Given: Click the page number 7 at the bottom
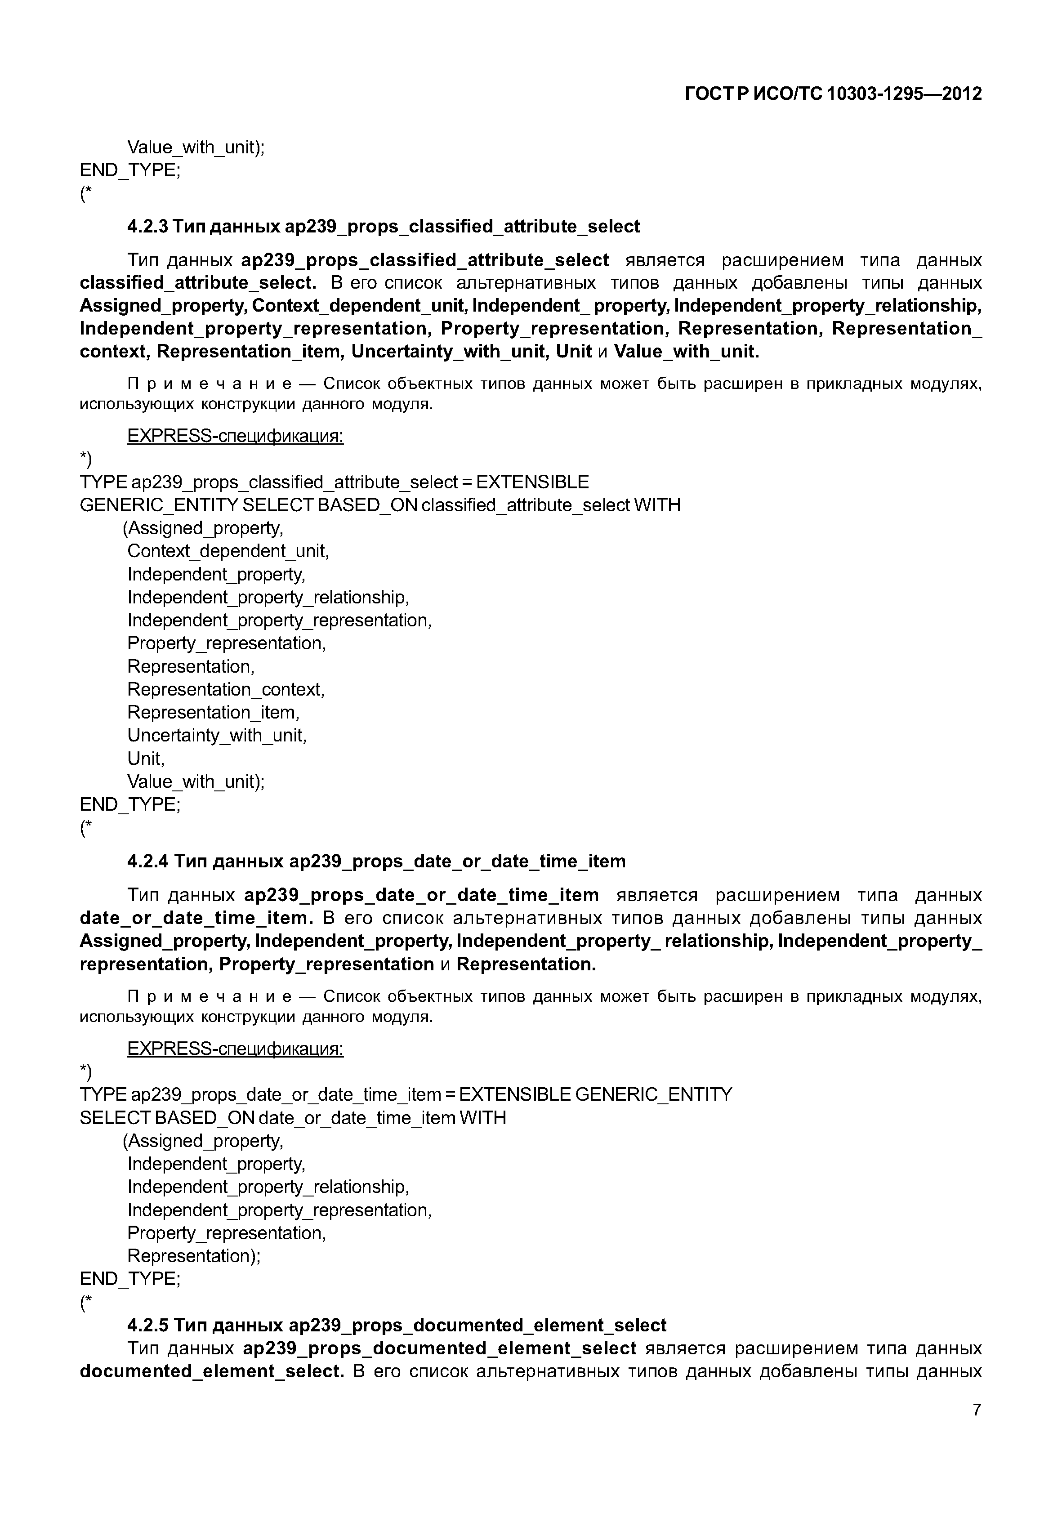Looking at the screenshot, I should coord(976,1410).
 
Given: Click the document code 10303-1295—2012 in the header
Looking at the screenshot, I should coord(904,94).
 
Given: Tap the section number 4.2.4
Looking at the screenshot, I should coord(148,861).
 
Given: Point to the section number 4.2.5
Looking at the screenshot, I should coord(148,1325).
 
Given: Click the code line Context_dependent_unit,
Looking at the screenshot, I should coord(228,551).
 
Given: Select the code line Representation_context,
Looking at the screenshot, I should coord(226,689).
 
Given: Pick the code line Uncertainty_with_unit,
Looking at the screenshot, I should coord(216,736).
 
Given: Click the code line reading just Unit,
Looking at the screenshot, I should coord(145,759).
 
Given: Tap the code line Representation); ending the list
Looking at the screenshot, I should coord(194,1256).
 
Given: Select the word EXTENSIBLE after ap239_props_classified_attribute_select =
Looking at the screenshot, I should coord(532,482).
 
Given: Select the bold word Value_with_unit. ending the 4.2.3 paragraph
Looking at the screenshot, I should coord(686,352).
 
